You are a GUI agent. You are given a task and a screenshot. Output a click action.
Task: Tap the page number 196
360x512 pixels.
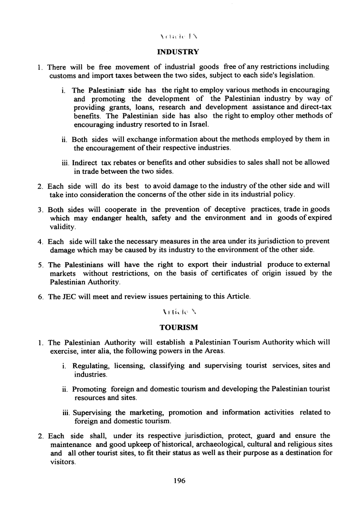point(179,480)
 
